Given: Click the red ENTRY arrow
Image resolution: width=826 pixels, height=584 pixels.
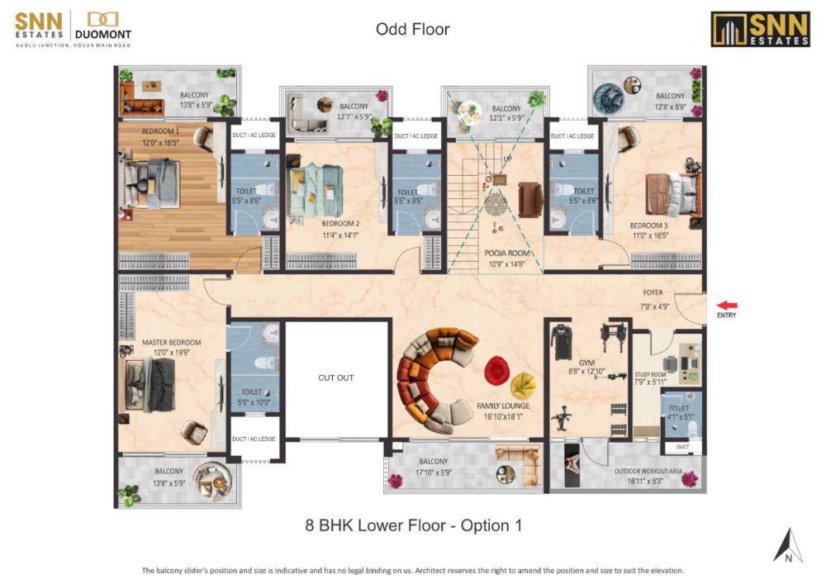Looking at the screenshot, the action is coord(727,306).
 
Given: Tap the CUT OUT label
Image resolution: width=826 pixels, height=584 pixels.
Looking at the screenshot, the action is coord(336,377).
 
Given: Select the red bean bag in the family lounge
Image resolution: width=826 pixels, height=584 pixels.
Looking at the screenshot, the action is coord(496,370).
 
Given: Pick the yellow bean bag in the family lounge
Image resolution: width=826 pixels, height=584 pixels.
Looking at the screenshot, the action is coord(523,386).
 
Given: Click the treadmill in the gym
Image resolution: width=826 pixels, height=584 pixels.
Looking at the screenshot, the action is coord(561,342).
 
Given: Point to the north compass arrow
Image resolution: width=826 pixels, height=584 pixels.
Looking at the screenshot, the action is coord(789,545).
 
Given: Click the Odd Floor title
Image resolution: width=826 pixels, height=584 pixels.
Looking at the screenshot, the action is coord(412,29).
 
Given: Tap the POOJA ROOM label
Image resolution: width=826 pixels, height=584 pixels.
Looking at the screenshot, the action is coord(507,254).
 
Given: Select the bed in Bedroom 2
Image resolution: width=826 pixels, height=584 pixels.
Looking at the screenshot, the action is coord(315,190).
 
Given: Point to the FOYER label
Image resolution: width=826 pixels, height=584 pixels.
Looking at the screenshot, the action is coord(653,292).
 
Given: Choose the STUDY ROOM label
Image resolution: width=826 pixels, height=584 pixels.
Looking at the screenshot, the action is coord(651,374).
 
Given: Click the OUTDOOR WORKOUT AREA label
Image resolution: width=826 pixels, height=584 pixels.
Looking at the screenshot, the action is coord(648,472).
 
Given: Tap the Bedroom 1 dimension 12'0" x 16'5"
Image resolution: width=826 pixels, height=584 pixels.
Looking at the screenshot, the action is coord(160,143).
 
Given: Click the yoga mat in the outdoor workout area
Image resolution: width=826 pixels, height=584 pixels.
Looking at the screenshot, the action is coord(572,465).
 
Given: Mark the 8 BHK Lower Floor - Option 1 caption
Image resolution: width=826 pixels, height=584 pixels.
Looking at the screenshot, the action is coord(414,525).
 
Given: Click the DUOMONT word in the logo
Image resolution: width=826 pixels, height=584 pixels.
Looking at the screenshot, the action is coord(102,35).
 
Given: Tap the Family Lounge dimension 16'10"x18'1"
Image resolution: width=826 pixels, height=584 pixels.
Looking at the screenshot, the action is coord(503,416).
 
